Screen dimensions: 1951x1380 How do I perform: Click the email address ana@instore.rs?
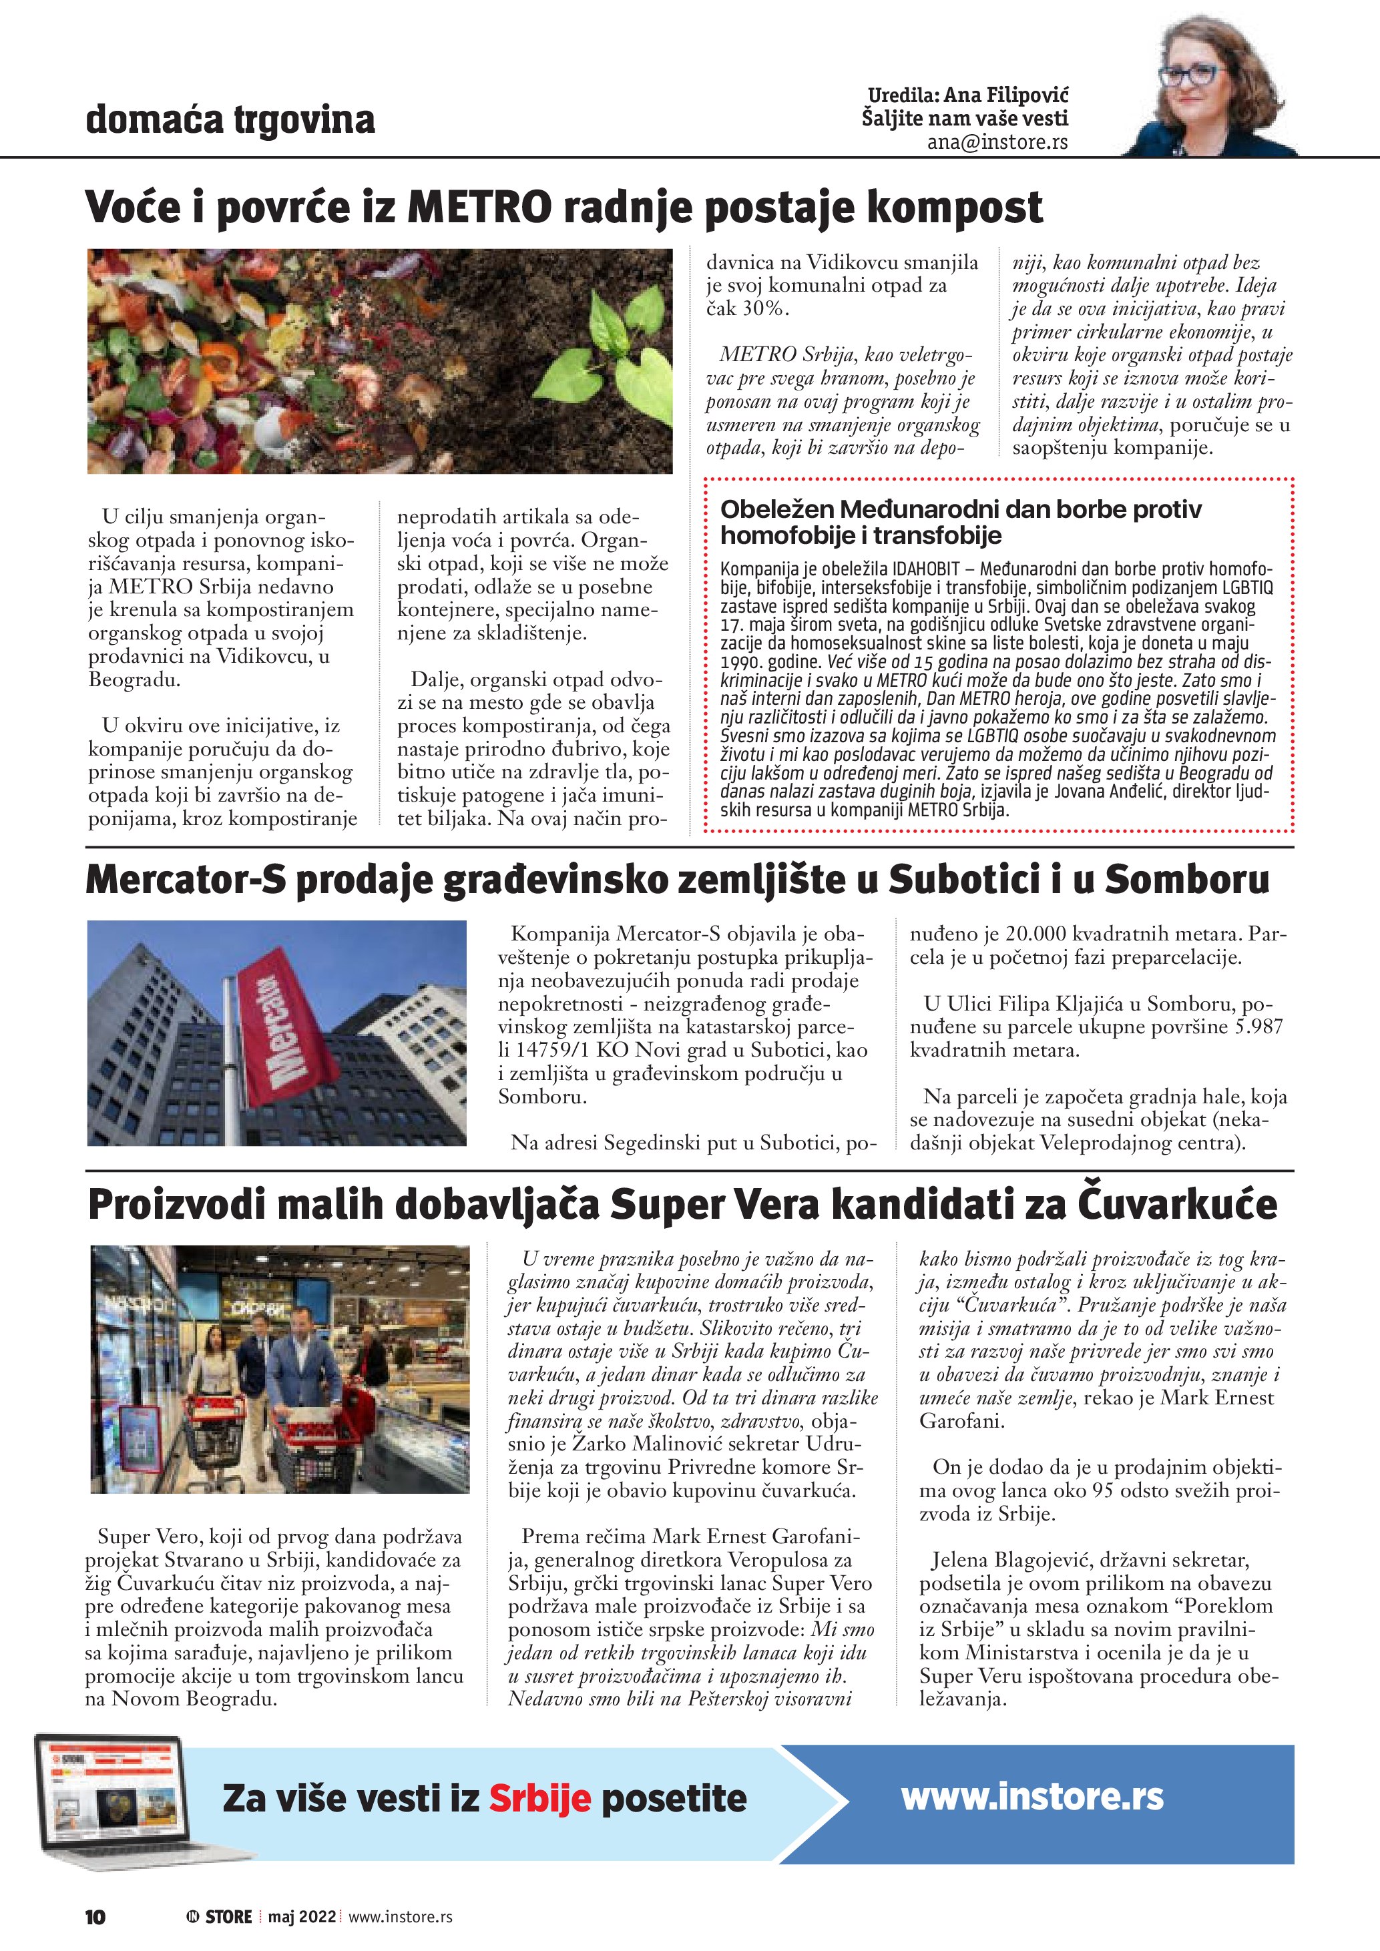click(x=997, y=142)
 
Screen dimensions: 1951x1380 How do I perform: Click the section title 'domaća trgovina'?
click(x=230, y=119)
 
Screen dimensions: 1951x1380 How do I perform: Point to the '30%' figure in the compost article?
click(x=765, y=308)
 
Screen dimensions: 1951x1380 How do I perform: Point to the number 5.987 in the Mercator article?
click(x=1258, y=1027)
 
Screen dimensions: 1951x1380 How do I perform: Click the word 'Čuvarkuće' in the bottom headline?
click(x=1177, y=1205)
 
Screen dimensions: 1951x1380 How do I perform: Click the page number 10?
click(x=95, y=1917)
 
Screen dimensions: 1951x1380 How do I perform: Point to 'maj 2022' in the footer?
click(x=302, y=1917)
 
